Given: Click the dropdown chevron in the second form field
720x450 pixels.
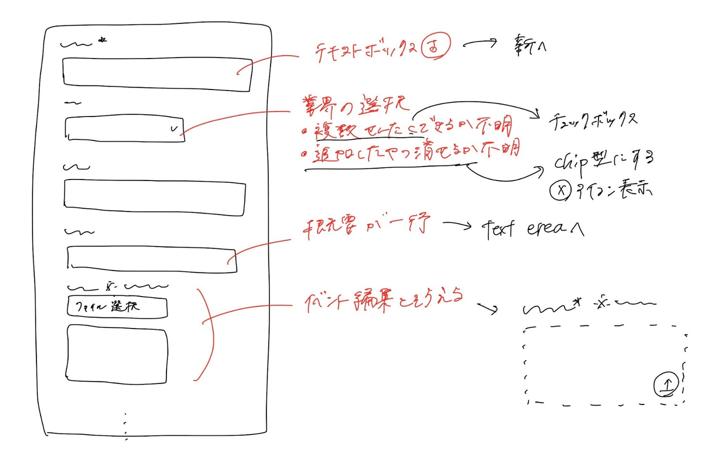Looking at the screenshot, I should click(174, 129).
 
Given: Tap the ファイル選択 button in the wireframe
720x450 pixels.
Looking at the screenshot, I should click(117, 306).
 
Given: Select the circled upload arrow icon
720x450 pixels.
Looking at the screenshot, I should click(666, 384).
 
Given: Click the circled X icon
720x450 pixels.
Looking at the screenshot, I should click(561, 190).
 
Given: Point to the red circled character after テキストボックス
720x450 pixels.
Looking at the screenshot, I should click(435, 47).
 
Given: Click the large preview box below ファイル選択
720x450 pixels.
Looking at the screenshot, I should click(117, 354).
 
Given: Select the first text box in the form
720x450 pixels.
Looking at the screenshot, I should click(156, 74).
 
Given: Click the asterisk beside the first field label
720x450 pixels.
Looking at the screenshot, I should click(102, 39).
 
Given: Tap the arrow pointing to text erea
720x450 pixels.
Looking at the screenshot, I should click(457, 225).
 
